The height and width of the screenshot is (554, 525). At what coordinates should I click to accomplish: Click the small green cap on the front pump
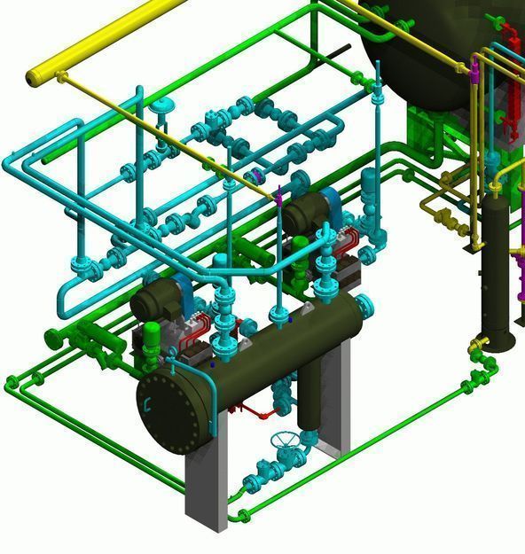(x=152, y=332)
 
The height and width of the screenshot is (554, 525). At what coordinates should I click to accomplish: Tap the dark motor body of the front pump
(x=155, y=300)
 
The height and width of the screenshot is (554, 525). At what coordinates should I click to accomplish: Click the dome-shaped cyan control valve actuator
(x=162, y=107)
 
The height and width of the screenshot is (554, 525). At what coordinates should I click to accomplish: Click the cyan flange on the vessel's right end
(x=365, y=307)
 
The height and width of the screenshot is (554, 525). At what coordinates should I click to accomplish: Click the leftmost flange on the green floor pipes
(x=12, y=383)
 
